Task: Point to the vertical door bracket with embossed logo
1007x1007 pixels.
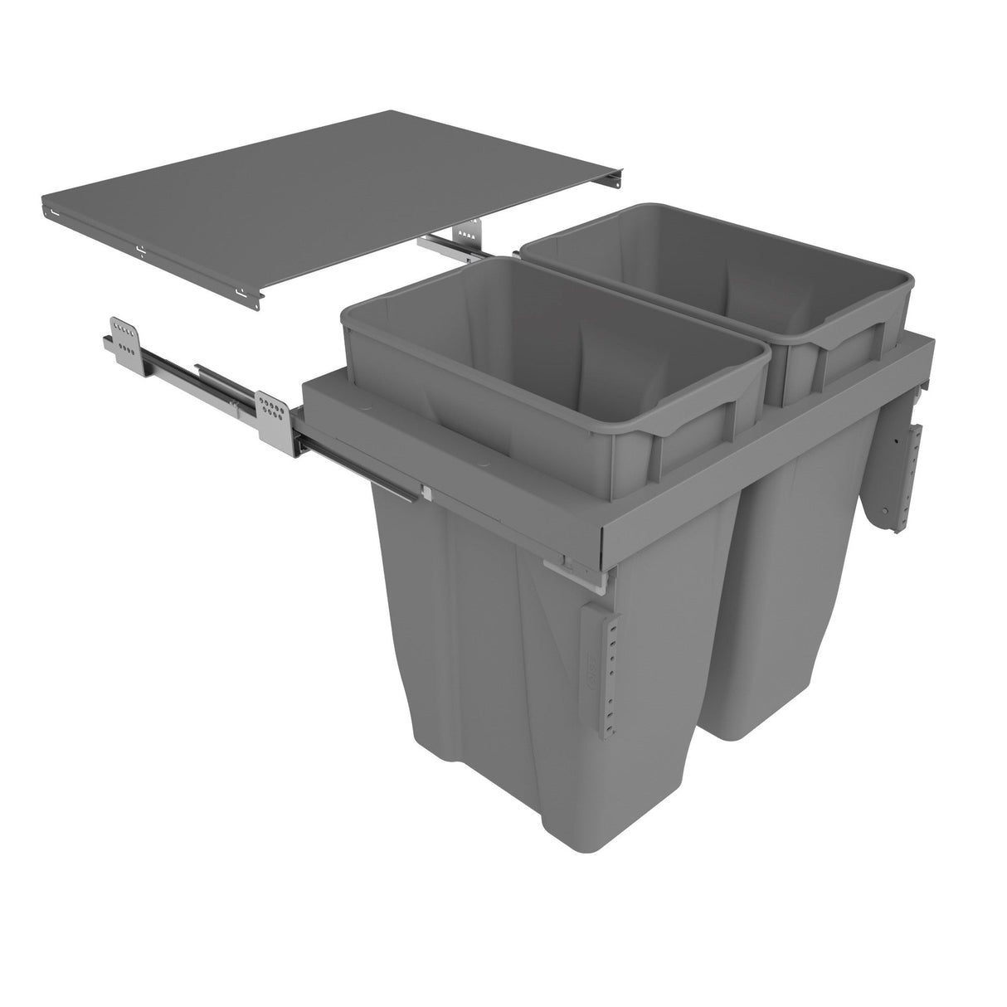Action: (602, 664)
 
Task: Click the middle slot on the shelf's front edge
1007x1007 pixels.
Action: (139, 248)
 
